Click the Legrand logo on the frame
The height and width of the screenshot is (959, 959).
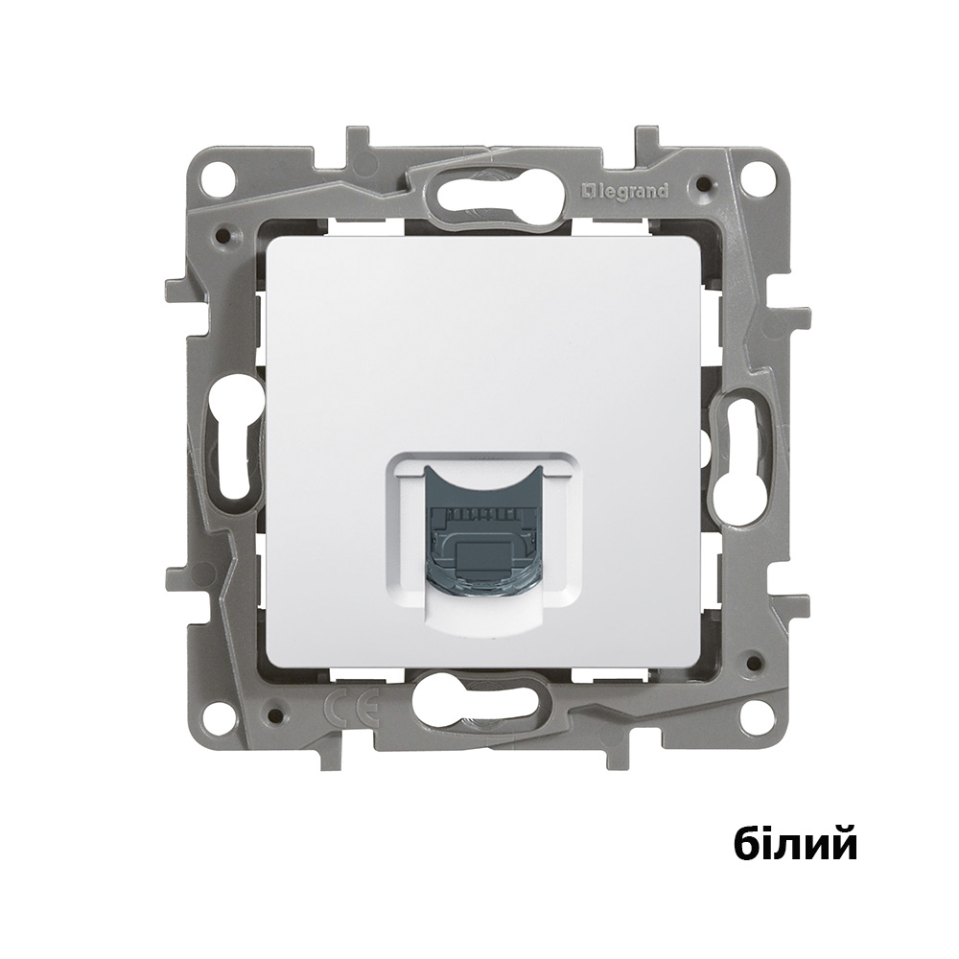(624, 192)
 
